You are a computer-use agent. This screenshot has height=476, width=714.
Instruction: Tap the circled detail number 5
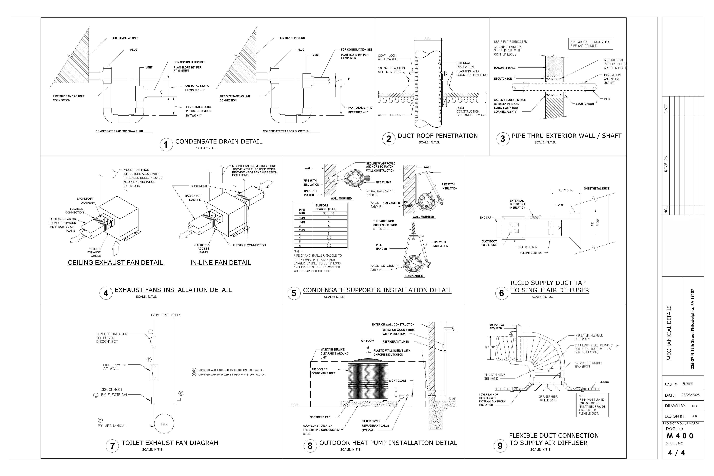294,293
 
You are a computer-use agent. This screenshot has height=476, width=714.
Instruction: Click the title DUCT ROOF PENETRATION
437,136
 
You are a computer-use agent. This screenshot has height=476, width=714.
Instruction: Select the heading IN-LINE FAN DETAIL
221,263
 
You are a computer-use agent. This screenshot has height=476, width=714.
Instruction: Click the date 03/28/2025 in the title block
690,395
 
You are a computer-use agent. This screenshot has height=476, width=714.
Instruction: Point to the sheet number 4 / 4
676,453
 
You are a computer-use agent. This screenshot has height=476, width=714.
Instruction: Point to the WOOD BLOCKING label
390,115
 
